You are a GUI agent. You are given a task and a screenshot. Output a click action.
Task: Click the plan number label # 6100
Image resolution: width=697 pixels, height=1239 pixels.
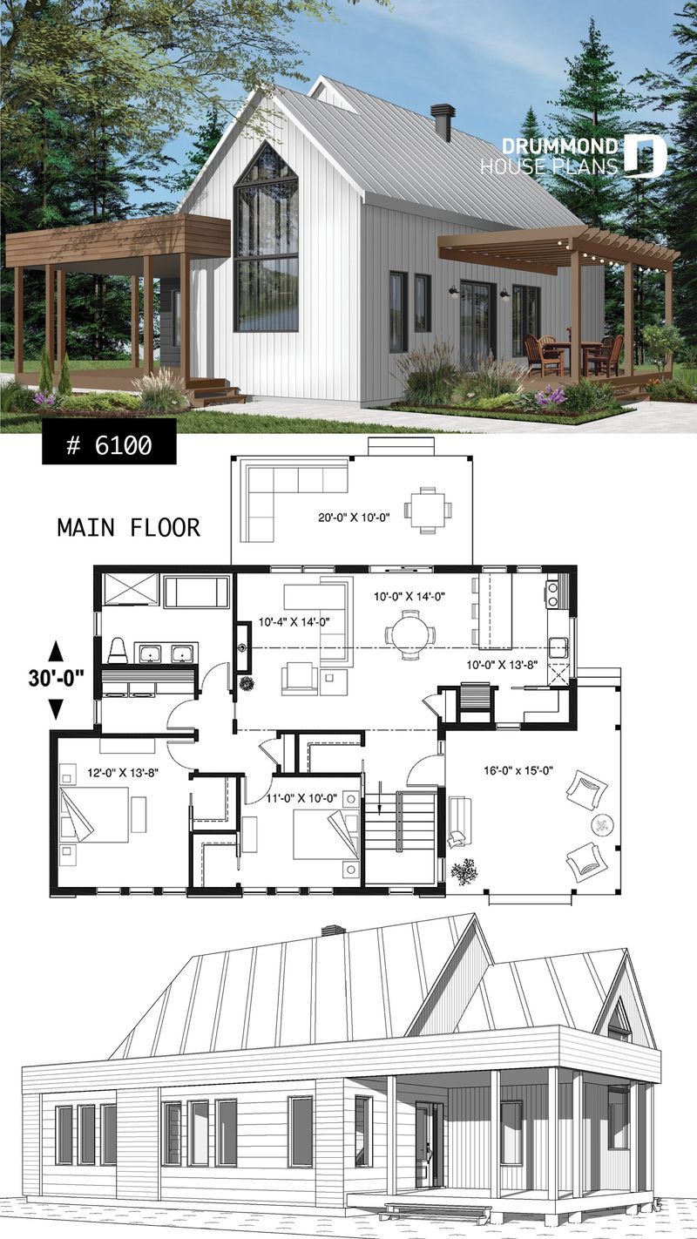pyautogui.click(x=109, y=445)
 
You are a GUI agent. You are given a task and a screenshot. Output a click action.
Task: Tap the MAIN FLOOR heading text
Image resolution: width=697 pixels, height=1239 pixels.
pyautogui.click(x=128, y=527)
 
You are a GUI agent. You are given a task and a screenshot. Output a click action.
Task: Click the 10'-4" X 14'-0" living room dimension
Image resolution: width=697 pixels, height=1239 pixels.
pyautogui.click(x=294, y=622)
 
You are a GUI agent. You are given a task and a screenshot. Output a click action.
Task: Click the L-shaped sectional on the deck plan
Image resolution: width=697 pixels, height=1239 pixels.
pyautogui.click(x=288, y=494)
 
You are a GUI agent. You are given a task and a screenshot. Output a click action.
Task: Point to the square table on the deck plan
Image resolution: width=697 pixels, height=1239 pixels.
pyautogui.click(x=428, y=510)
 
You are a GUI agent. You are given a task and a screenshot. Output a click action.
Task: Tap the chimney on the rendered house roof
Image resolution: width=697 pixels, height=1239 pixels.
pyautogui.click(x=443, y=123)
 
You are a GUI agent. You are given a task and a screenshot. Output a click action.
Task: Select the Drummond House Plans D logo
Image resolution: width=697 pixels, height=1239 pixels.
pyautogui.click(x=645, y=156)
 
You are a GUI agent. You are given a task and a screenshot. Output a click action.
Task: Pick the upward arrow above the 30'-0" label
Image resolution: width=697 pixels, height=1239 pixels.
pyautogui.click(x=55, y=650)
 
